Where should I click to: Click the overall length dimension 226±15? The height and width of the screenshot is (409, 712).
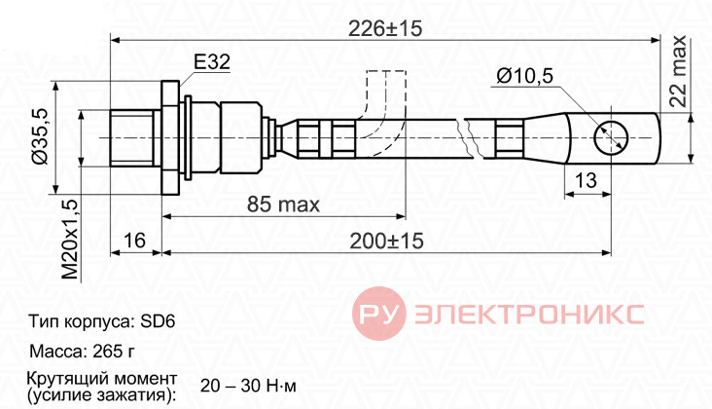385,28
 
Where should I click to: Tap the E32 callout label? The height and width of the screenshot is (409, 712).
212,61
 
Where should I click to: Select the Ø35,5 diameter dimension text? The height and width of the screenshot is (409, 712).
40,137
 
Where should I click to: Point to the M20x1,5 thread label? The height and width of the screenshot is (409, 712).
70,240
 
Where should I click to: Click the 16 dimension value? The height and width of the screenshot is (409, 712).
134,240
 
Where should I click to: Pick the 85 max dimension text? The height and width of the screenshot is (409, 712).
283,204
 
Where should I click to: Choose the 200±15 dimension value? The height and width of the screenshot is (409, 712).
386,241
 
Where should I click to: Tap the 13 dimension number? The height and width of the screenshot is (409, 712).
586,180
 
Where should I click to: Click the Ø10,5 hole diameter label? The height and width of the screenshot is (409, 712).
525,75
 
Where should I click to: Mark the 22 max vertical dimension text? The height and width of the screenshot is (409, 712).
678,71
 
